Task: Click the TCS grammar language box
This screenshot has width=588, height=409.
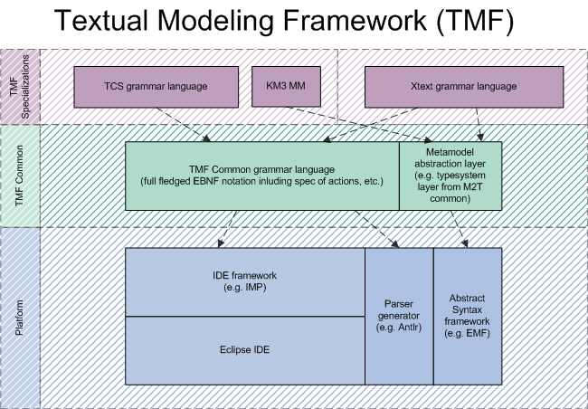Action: (x=156, y=87)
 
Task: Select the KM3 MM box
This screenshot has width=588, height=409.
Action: (x=286, y=87)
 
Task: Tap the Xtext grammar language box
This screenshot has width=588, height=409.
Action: (x=464, y=87)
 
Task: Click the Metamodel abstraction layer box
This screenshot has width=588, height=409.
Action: (x=450, y=176)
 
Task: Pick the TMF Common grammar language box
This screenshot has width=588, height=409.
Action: (x=262, y=176)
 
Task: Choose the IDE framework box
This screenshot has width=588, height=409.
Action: (x=245, y=281)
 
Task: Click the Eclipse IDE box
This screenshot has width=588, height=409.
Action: (x=245, y=350)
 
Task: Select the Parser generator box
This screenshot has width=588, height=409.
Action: (x=399, y=317)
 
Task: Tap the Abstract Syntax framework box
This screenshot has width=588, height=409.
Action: (x=468, y=317)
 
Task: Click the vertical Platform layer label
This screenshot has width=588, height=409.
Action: (x=19, y=318)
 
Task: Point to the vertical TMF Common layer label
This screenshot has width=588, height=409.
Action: (x=19, y=176)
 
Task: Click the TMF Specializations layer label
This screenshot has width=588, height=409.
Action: (x=20, y=87)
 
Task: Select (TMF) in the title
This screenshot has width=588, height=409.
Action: (x=475, y=21)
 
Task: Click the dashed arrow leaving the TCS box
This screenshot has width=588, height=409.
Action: (x=184, y=125)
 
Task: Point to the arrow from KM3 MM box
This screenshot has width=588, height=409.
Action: (x=359, y=125)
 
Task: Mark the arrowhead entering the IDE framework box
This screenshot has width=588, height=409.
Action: (x=221, y=243)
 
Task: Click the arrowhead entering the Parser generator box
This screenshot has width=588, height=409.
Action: (x=395, y=243)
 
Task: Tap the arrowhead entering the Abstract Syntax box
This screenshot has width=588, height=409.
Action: (x=465, y=243)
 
